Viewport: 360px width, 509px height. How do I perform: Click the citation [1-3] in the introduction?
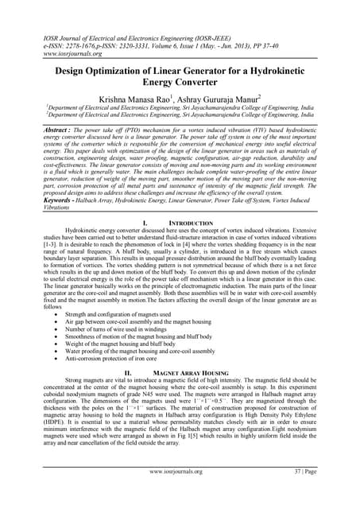[31, 274]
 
